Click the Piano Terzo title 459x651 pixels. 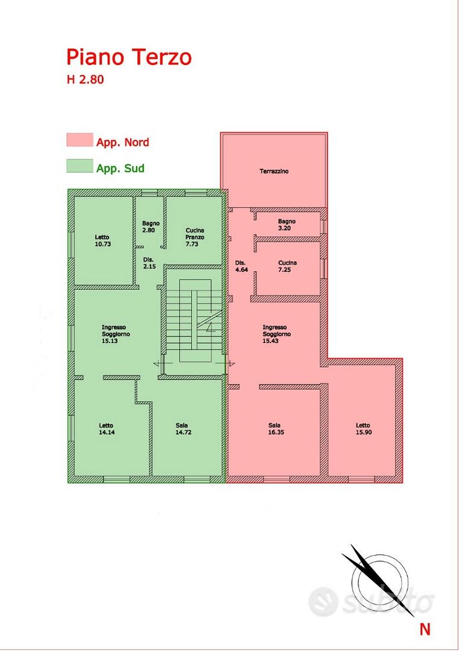coord(129,58)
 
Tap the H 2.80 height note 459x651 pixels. coord(85,80)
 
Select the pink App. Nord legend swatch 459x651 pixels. coord(80,140)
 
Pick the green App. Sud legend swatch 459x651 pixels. coord(80,166)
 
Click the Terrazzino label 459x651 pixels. coord(274,171)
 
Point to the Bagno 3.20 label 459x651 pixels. coord(287,225)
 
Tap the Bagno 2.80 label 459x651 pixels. coord(151,227)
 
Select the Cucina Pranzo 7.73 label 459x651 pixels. coord(195,237)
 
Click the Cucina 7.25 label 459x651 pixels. coord(287,266)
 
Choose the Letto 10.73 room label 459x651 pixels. coord(102,241)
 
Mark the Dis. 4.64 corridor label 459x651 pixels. coord(241,266)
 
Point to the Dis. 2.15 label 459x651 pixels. coord(149,263)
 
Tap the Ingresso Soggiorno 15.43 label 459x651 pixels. coord(276,334)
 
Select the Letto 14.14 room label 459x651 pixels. coord(106,429)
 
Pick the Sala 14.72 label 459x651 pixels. coord(183,429)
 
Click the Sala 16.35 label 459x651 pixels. coord(275,429)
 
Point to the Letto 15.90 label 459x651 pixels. coord(363,429)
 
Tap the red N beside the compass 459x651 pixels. coord(425,629)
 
